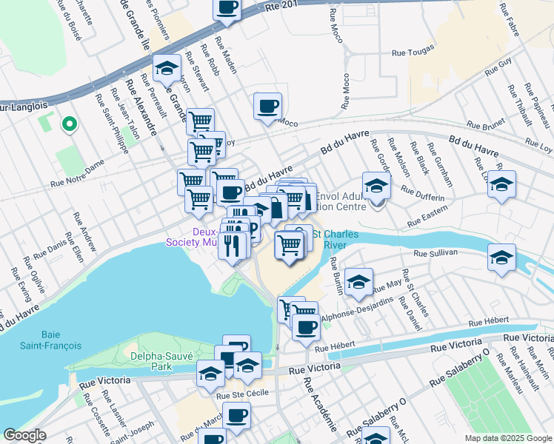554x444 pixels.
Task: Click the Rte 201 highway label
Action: coord(283,6)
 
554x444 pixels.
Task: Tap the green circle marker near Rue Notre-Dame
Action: coord(69,124)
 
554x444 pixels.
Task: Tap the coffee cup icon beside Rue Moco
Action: coord(267,106)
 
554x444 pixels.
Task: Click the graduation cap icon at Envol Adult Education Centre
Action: coord(376,185)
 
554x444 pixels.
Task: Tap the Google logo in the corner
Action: coord(24,435)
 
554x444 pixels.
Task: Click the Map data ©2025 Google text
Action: coord(507,438)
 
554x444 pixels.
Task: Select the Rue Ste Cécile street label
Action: coord(236,396)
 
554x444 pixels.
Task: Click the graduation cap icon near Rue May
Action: coord(358,281)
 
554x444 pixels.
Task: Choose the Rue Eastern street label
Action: coord(427,218)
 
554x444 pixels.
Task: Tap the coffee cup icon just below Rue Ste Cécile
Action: coord(236,417)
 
